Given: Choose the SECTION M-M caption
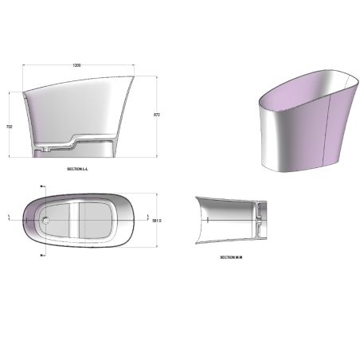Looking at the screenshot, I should coord(231,257).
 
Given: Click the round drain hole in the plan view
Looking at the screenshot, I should coord(46,217).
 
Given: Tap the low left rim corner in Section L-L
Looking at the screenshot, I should coord(24,90).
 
